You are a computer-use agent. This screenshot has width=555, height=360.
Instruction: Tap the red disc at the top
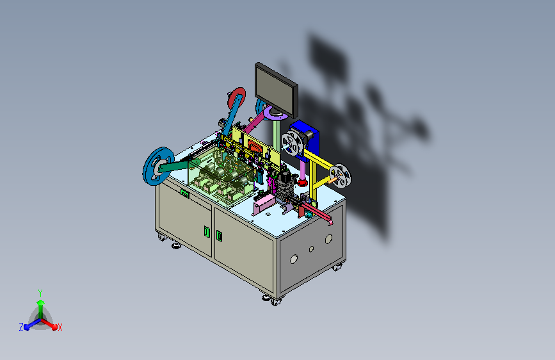(237, 98)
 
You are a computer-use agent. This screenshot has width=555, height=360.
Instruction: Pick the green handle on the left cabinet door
(207, 231)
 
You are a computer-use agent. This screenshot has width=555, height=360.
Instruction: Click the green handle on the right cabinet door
(219, 236)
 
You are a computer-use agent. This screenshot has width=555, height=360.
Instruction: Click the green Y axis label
(40, 293)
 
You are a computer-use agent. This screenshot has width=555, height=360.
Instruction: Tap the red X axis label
(60, 327)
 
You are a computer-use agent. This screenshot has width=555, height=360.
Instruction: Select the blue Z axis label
(21, 327)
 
